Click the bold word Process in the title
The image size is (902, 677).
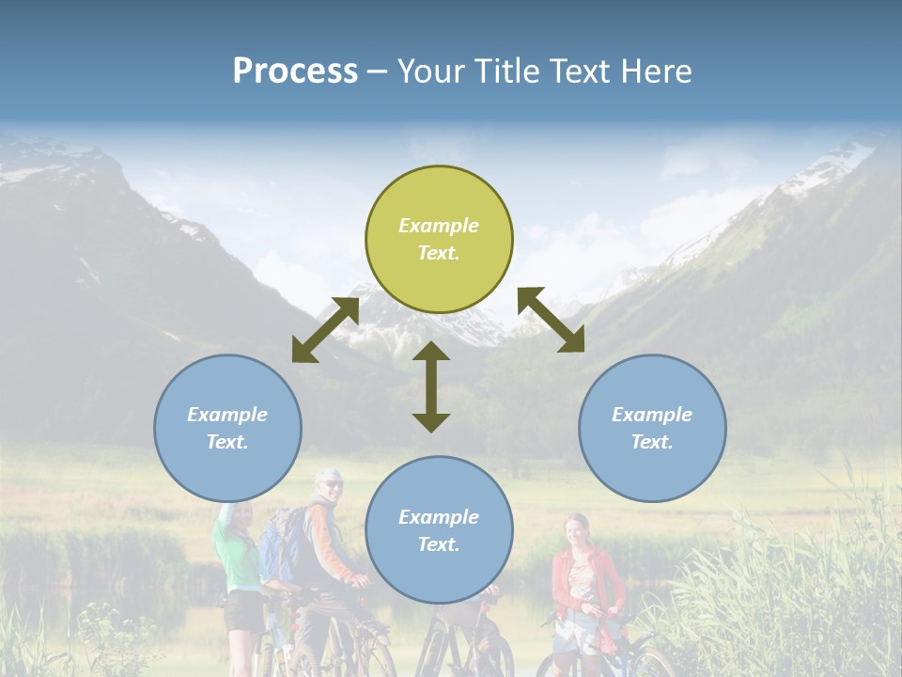tap(295, 71)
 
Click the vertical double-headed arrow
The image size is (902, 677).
tap(431, 386)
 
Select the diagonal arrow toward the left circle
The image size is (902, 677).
tap(325, 330)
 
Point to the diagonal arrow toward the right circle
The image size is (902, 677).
tap(552, 320)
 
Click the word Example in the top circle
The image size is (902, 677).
tap(439, 226)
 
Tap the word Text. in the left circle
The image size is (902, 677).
tap(227, 442)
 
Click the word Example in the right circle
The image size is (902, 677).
tap(652, 415)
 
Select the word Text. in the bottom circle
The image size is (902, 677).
tap(439, 544)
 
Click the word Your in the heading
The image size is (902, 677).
tap(433, 71)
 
